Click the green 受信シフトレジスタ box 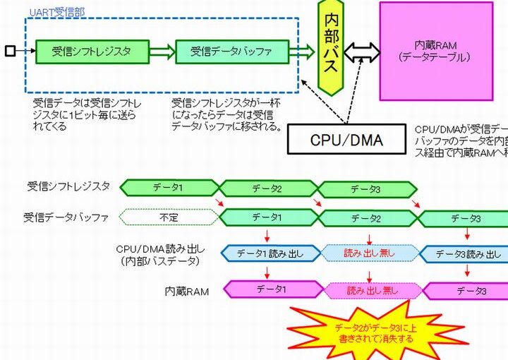[x=92, y=52]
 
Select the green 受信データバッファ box [x=232, y=52]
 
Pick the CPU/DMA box [x=346, y=140]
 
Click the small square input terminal [x=9, y=52]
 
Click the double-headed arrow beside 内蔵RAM [x=362, y=52]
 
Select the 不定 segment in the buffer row [x=169, y=218]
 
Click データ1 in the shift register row [x=169, y=188]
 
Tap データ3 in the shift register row [x=366, y=188]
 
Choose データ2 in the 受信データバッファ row [x=366, y=219]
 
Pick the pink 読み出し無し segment [x=374, y=289]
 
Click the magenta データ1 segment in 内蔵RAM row [x=272, y=289]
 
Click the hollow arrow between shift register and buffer [x=162, y=52]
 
